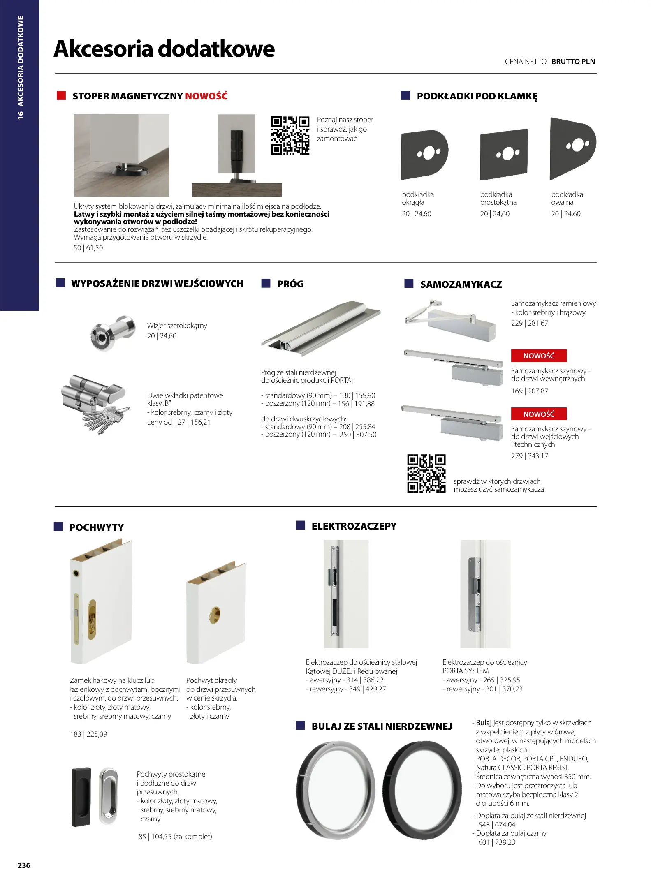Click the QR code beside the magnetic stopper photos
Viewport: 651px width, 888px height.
(x=290, y=135)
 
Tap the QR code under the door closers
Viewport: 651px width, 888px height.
(x=426, y=473)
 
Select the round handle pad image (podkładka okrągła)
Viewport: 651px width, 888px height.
(x=424, y=155)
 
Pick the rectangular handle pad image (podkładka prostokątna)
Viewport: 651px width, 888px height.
(x=503, y=155)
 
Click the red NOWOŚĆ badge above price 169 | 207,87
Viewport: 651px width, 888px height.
(x=538, y=356)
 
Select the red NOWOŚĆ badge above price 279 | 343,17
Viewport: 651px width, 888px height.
(x=538, y=414)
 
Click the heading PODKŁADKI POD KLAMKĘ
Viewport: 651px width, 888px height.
(x=477, y=97)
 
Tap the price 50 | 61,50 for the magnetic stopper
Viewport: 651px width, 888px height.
(x=88, y=248)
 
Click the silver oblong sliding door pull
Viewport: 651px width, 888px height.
(x=108, y=796)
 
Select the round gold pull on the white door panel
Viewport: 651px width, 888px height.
(x=214, y=615)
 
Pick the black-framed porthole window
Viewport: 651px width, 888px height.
(x=422, y=790)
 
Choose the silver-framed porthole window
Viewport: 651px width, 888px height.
(x=336, y=790)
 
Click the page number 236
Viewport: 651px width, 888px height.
(x=24, y=865)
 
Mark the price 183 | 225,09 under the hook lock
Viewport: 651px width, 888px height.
(x=88, y=734)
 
